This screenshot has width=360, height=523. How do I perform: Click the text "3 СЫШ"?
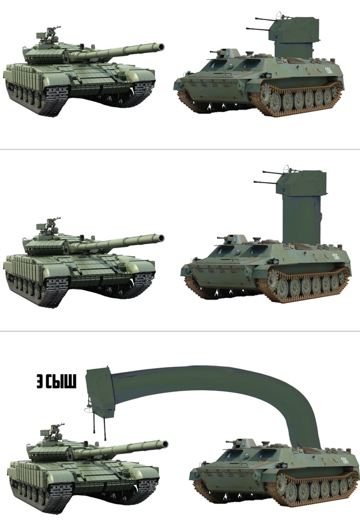click(x=57, y=381)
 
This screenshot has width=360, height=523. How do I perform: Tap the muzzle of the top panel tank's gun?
click(x=161, y=47)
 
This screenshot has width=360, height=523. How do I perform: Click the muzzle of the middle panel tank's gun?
click(x=161, y=238)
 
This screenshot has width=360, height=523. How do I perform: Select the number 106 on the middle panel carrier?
click(x=336, y=256)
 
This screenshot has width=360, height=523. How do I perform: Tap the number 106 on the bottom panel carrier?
click(x=345, y=460)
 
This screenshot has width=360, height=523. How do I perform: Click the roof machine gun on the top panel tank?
click(x=48, y=34)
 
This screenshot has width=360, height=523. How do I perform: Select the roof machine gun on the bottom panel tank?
click(x=52, y=432)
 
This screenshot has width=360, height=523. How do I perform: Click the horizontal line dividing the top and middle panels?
click(x=180, y=149)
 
